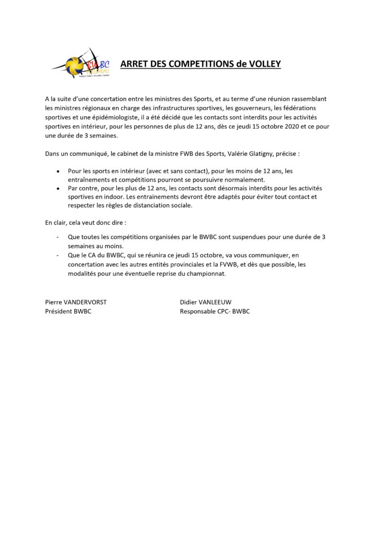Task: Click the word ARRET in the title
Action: click(134, 64)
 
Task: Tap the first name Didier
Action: click(191, 302)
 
